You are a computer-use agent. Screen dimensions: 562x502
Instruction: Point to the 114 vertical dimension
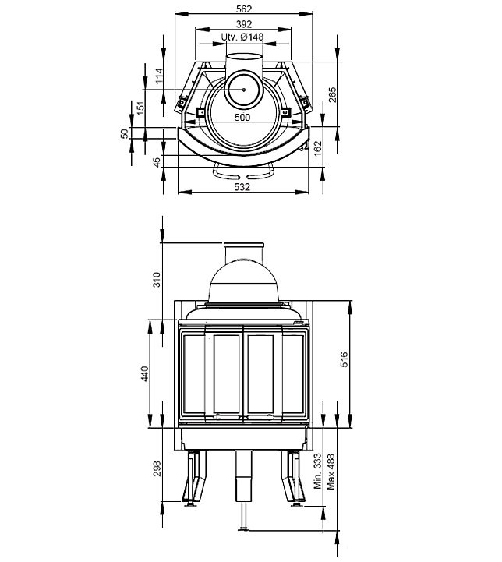(x=159, y=76)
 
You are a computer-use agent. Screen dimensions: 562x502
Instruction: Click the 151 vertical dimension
(x=141, y=108)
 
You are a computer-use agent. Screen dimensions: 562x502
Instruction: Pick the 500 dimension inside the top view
(x=242, y=118)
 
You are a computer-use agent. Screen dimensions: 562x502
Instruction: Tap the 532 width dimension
(x=242, y=187)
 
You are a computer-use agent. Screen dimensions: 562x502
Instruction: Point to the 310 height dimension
(x=157, y=279)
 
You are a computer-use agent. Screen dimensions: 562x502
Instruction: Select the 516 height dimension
(x=344, y=360)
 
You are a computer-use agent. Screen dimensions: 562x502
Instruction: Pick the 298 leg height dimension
(x=157, y=468)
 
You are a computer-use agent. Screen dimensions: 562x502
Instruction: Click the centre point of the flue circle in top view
(x=243, y=90)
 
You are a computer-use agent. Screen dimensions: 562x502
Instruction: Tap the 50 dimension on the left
(x=125, y=134)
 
